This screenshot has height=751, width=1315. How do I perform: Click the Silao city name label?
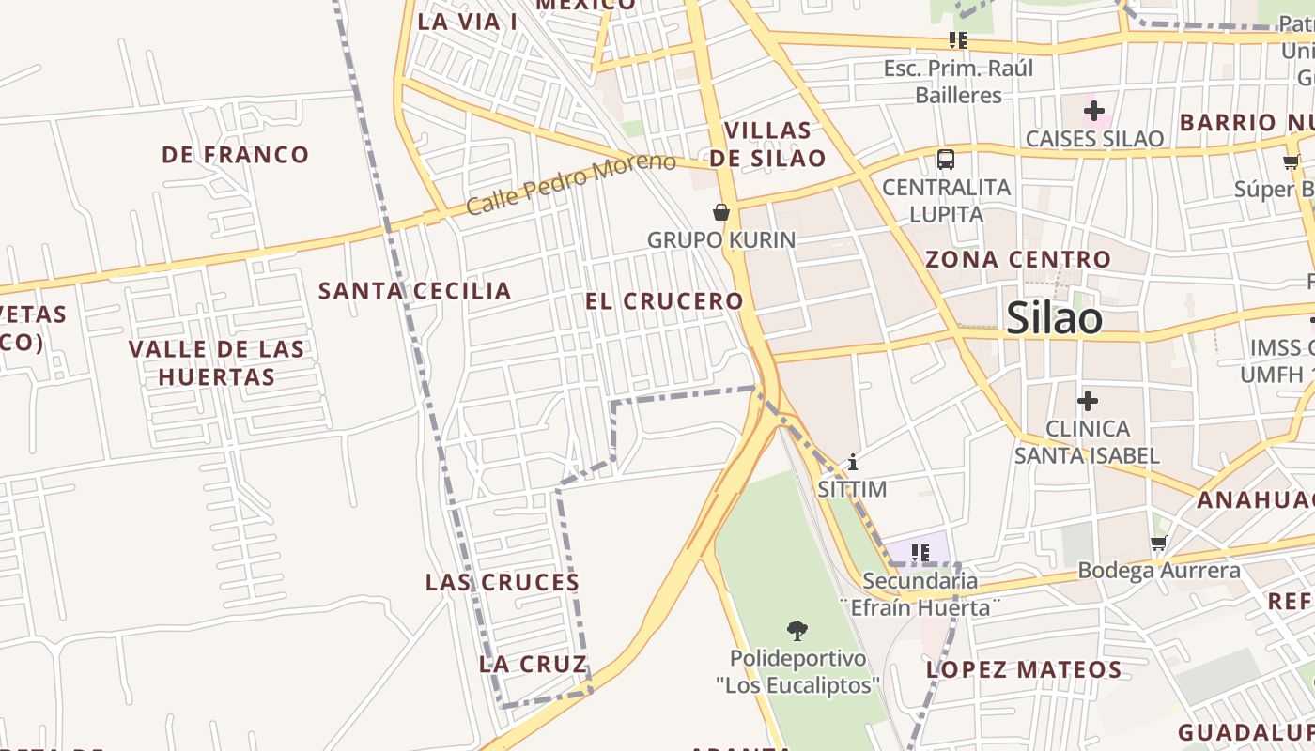[1054, 319]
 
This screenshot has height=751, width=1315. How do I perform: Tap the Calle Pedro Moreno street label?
[570, 183]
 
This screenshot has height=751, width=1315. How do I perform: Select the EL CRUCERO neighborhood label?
[664, 301]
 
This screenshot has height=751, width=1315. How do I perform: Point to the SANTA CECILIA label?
[415, 291]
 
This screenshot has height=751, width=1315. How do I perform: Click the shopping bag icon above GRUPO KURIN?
[721, 212]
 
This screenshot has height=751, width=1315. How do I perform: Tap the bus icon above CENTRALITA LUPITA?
[946, 160]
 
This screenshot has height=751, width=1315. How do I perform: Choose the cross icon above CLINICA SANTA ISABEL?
[1087, 402]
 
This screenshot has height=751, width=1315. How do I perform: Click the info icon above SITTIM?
[852, 462]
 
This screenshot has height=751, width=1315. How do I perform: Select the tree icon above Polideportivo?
[797, 629]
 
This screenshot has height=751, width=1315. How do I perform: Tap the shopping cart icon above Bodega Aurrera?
[1158, 544]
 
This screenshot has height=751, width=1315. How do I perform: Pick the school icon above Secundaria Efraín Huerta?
[920, 553]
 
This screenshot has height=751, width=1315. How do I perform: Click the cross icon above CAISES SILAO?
[1093, 112]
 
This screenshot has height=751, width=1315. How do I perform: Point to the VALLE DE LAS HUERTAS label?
[217, 363]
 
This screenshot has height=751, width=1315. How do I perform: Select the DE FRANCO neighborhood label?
[235, 155]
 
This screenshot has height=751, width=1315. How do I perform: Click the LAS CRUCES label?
[503, 582]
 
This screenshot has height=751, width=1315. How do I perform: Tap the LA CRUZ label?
[533, 665]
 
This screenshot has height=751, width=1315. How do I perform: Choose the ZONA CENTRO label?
[1018, 259]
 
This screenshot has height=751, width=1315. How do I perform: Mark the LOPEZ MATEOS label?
[1024, 669]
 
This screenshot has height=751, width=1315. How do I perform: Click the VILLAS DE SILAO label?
[767, 144]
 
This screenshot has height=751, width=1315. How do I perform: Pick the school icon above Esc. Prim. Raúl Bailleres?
[957, 40]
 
